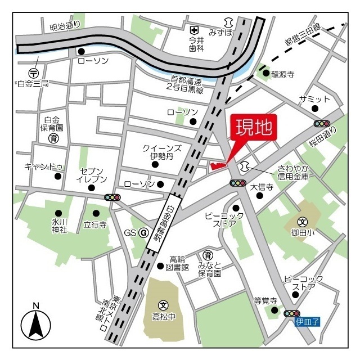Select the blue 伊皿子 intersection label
click(308, 322)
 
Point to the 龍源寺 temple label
click(283, 74)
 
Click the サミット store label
click(310, 99)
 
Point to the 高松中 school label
click(164, 317)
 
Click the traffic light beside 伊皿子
click(292, 313)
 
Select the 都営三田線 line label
click(302, 35)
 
